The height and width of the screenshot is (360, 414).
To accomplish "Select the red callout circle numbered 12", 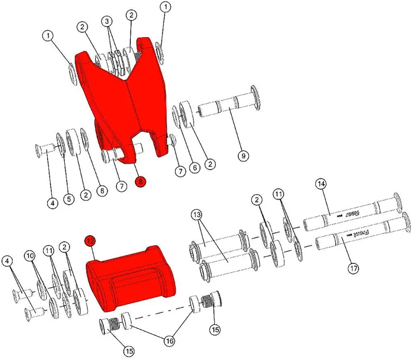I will click(91, 241).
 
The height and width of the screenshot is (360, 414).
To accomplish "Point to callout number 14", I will click(321, 184).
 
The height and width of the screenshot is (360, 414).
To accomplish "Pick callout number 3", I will click(107, 22).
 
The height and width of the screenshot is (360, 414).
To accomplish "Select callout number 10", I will click(29, 256).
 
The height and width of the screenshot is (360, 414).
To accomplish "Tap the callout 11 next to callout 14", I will click(279, 194).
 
